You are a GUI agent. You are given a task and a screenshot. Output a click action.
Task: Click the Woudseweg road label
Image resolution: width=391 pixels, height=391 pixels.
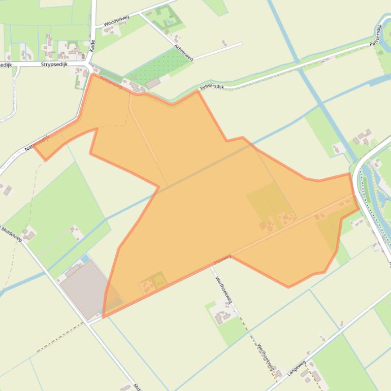(x=116, y=21)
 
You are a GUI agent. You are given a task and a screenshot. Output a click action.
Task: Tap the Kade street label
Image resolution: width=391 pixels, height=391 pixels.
(x=92, y=46)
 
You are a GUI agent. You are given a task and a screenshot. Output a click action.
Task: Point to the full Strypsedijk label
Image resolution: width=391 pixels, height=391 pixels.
(x=55, y=64)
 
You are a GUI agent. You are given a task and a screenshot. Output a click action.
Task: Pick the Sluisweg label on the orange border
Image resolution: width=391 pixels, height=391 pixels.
(x=222, y=259)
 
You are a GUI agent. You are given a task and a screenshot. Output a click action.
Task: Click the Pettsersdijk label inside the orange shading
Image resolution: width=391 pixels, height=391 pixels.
(x=112, y=83)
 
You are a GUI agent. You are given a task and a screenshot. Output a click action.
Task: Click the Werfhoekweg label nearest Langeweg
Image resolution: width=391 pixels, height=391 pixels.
(x=266, y=357)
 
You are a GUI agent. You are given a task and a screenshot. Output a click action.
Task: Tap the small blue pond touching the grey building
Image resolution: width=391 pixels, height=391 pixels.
(x=85, y=259)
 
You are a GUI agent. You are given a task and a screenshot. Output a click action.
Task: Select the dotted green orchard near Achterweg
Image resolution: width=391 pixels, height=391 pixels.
(x=158, y=66)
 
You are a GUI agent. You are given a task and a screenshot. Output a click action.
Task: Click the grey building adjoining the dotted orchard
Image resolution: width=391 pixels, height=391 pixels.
(x=153, y=83)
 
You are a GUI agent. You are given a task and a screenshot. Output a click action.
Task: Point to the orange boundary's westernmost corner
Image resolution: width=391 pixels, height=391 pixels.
(x=34, y=148)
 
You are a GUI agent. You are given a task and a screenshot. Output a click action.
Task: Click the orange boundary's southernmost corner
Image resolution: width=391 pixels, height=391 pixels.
(x=103, y=317)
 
